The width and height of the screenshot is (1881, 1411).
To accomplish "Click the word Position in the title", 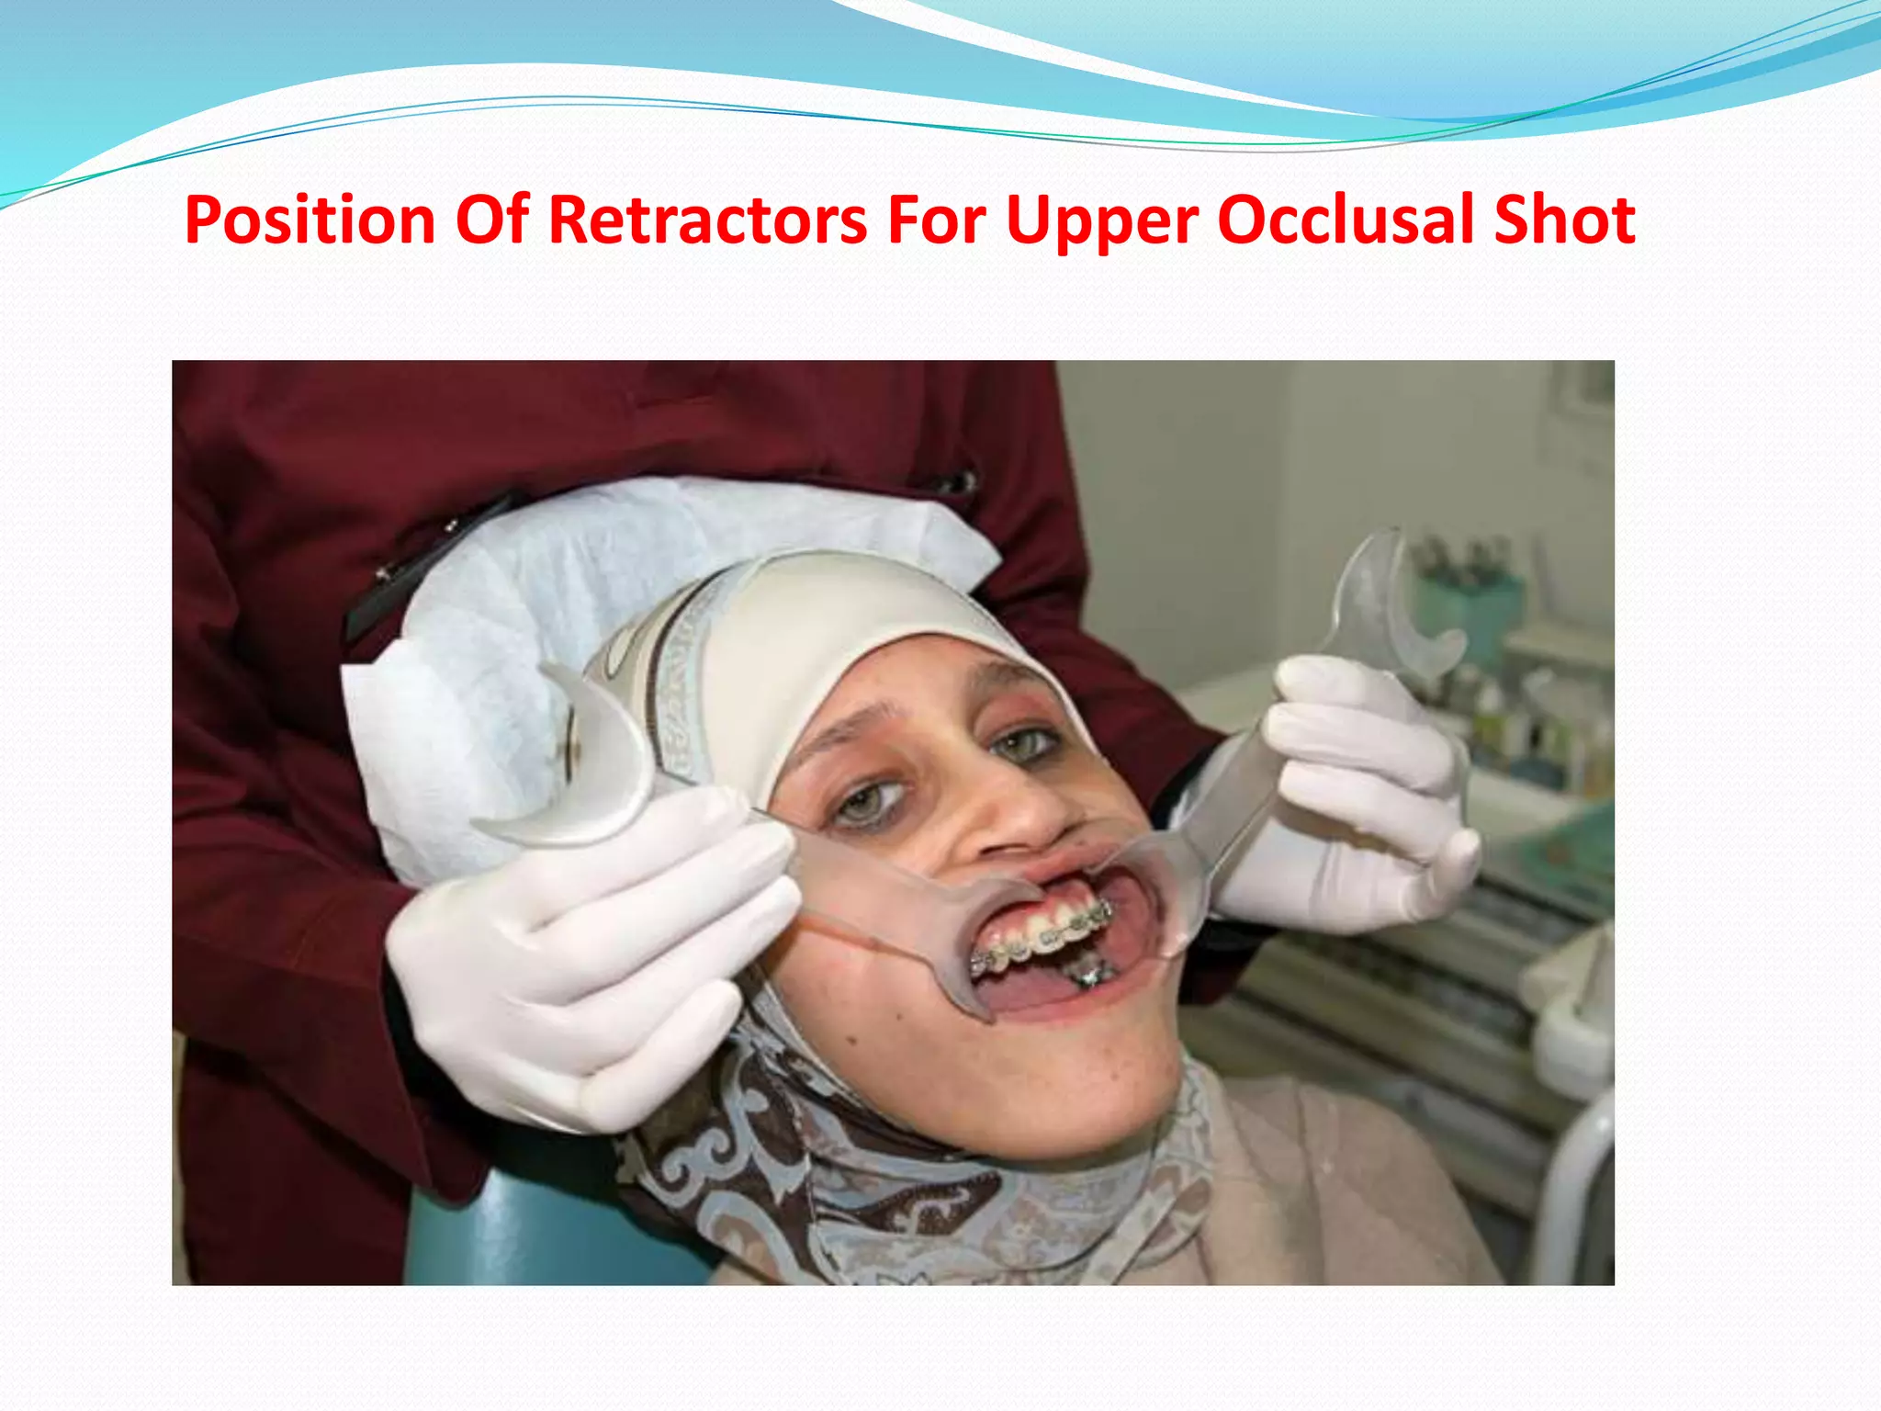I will pyautogui.click(x=310, y=220).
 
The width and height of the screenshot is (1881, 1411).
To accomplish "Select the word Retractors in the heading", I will pyautogui.click(x=707, y=220).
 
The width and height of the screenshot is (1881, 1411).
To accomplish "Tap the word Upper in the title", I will pyautogui.click(x=1102, y=220).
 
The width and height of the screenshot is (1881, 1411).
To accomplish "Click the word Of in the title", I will pyautogui.click(x=492, y=220).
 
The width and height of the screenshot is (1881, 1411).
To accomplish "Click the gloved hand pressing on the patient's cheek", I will pyautogui.click(x=588, y=955).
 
